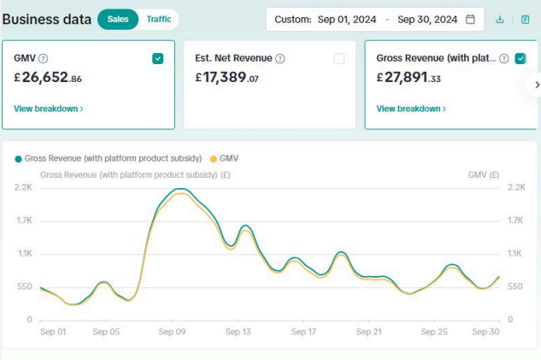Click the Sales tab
[x=118, y=19]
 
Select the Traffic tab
[x=159, y=19]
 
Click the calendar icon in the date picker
[x=470, y=20]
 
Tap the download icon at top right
[x=500, y=20]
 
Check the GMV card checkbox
[x=157, y=59]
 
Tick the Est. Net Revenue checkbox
[x=339, y=59]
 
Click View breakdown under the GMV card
[x=49, y=109]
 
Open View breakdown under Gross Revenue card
[x=411, y=109]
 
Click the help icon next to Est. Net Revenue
[x=280, y=59]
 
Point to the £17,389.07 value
[x=226, y=78]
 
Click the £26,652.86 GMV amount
[x=48, y=78]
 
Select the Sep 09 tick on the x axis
[x=173, y=331]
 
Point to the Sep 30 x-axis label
[x=486, y=331]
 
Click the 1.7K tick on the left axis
[x=24, y=220]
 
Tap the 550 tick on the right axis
[x=515, y=286]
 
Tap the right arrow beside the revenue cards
[x=537, y=85]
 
